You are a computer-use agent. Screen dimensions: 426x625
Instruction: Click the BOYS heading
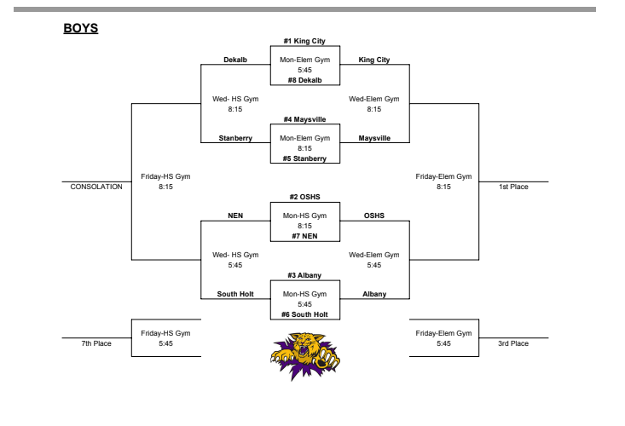82,29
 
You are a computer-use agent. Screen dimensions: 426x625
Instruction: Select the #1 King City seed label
304,41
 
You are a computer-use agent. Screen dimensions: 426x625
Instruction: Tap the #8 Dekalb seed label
304,79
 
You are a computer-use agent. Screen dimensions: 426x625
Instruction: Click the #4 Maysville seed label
304,119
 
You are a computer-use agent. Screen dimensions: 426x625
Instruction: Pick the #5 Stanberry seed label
304,158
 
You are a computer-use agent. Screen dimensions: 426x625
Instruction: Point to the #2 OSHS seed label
304,198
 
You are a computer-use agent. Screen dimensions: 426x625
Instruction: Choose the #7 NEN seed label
304,236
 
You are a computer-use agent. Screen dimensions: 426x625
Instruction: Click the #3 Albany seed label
304,276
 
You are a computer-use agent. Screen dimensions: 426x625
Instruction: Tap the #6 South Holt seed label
304,314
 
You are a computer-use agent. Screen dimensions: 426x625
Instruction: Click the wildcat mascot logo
304,353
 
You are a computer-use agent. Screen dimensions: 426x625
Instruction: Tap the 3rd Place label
514,343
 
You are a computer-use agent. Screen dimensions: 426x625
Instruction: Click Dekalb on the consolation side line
235,60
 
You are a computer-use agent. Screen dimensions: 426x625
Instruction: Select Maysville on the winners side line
374,138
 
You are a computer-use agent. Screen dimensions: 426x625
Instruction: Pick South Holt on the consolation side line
234,295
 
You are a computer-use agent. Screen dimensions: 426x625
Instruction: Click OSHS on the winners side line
374,216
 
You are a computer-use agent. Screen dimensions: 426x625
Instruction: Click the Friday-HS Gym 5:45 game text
165,338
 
